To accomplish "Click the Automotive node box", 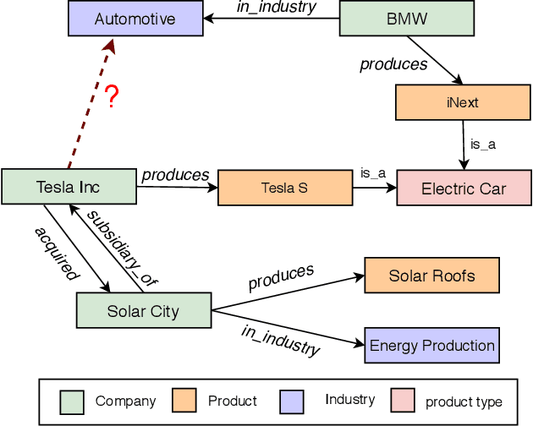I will [135, 19].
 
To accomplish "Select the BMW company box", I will [406, 19].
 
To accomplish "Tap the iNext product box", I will [462, 102].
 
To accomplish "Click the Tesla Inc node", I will [69, 188].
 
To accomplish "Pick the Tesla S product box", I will [285, 188].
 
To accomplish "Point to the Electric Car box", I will [464, 188].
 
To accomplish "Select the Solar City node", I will [143, 311].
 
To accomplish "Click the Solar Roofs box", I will [431, 276].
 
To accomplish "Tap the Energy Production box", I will [431, 346].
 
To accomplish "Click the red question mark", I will [110, 97].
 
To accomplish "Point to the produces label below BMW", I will [393, 63].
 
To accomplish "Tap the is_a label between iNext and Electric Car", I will [483, 145].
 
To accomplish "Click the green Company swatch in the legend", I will [72, 401].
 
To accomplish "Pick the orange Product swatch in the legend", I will [184, 401].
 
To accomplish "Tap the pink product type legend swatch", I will [404, 401].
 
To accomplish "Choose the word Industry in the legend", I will [349, 400].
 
